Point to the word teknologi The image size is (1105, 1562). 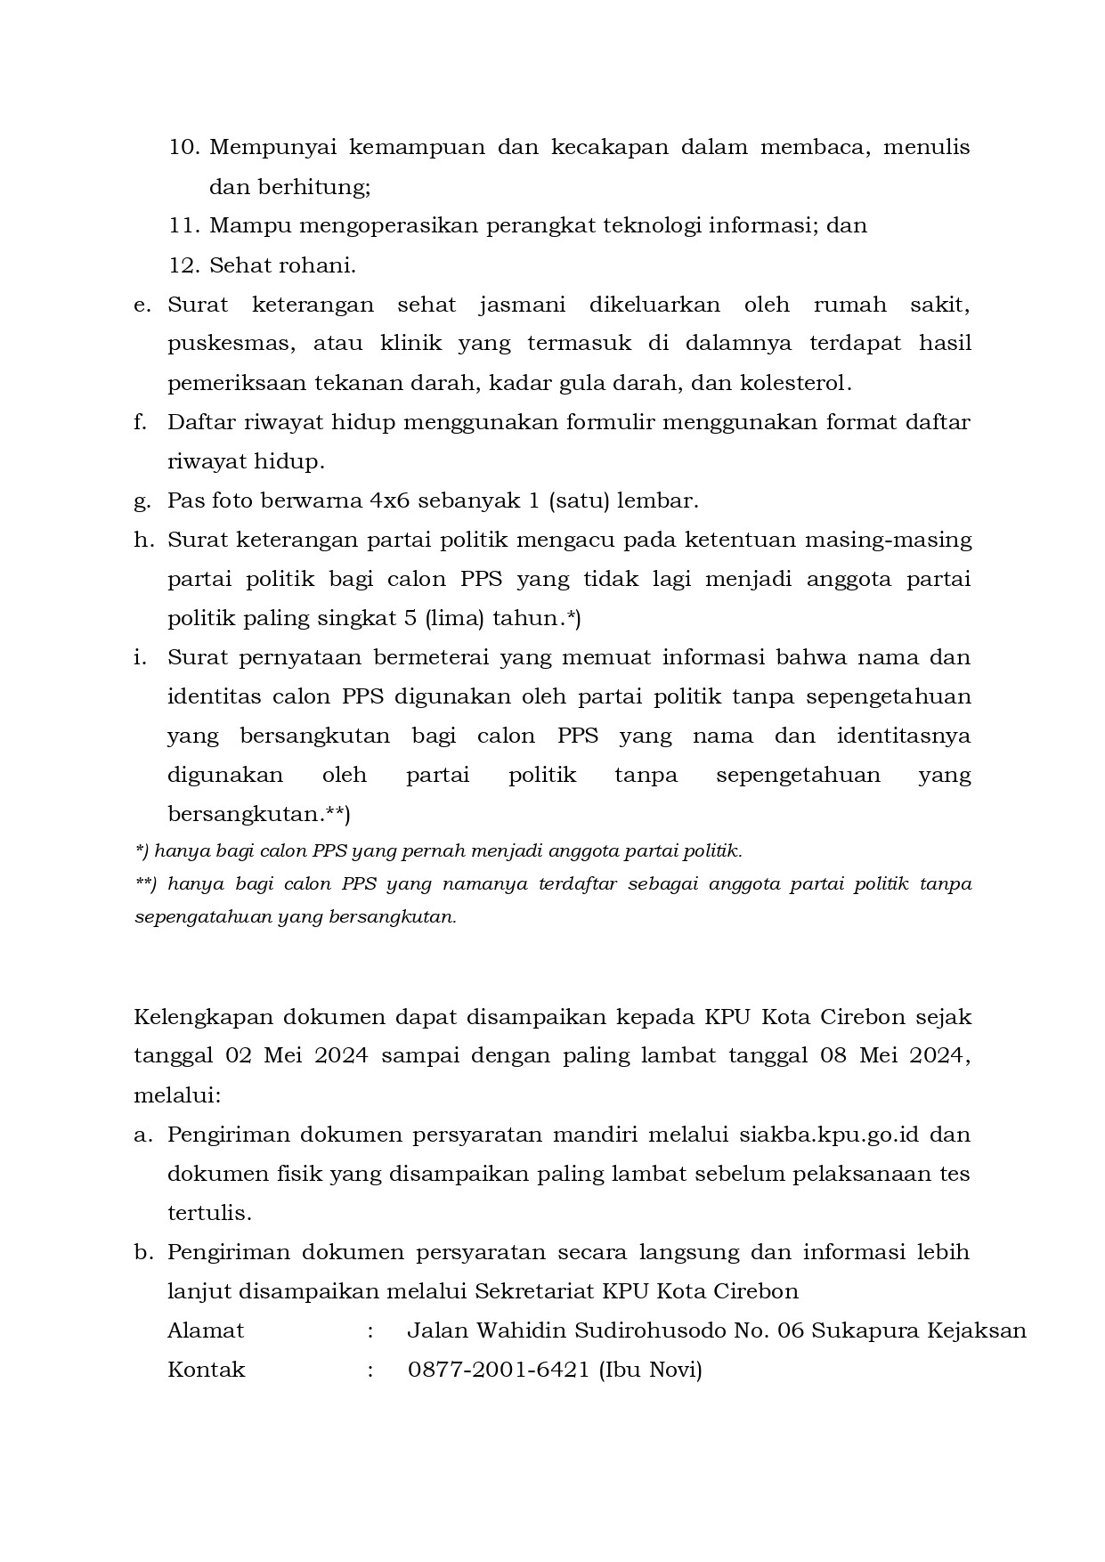[659, 226]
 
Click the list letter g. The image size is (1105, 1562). [141, 501]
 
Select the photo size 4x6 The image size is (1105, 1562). [389, 500]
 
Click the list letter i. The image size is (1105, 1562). [139, 658]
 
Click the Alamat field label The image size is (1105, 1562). [206, 1330]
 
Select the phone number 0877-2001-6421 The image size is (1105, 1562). [499, 1370]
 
